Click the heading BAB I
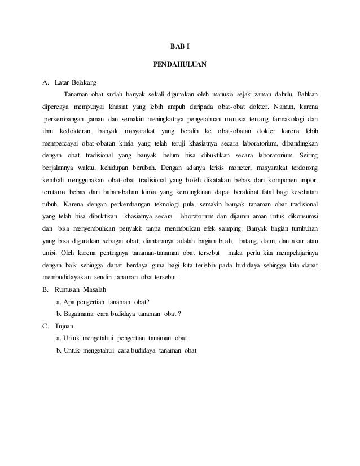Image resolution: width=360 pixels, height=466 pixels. click(x=180, y=47)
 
